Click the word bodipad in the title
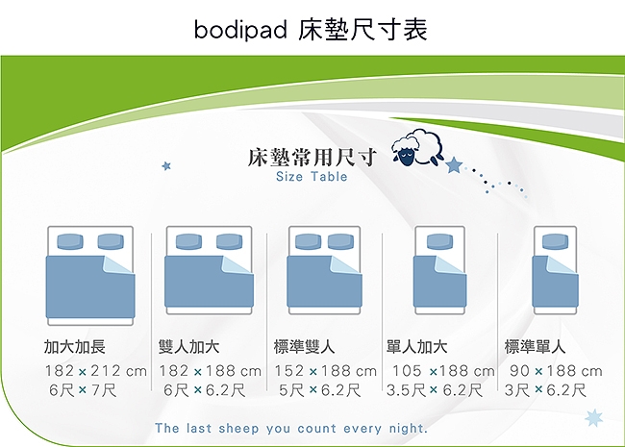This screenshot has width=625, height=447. point(240,30)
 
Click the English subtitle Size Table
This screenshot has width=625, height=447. point(312,177)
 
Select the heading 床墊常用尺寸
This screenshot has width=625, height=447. point(312,158)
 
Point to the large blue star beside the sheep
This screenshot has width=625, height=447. point(454,165)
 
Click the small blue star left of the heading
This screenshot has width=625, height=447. point(166,165)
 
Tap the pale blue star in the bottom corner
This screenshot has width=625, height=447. point(593,418)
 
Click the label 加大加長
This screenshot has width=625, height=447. point(75,347)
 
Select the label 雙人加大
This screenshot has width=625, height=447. point(188,347)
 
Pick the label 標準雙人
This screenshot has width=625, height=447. point(304,347)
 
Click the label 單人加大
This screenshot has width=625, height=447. point(417,347)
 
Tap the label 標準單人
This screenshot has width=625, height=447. point(535,347)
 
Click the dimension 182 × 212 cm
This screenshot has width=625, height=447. point(95,371)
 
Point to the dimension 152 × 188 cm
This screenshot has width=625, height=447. point(325,371)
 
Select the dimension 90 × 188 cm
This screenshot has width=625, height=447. point(556,371)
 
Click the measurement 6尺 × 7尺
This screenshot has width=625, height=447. point(83,390)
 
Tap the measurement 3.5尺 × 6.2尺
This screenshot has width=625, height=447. point(435,390)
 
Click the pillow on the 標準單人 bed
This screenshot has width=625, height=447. point(555,242)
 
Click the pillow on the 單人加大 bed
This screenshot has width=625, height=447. point(439,242)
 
